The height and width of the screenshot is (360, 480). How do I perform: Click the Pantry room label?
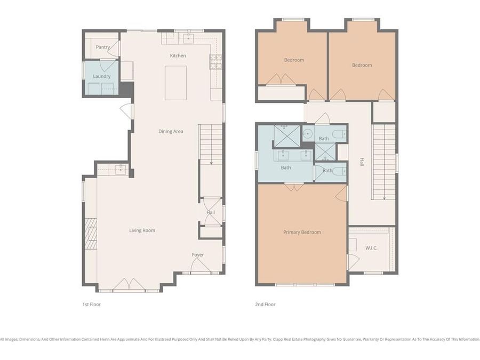point(102,47)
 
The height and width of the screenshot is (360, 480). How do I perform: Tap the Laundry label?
point(101,76)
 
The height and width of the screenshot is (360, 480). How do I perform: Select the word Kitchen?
point(178,55)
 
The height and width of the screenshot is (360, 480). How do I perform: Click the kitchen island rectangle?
point(175,83)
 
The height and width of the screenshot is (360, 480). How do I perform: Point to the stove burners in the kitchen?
point(215,62)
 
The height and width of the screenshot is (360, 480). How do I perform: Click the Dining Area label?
point(171,131)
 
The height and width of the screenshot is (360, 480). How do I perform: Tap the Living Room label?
point(142,230)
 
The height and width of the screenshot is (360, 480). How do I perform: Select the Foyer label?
point(198,255)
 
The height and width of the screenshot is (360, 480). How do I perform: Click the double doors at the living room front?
point(129,285)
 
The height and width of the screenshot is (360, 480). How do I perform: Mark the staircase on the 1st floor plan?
point(211,144)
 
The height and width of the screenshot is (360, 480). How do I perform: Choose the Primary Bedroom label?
point(302,232)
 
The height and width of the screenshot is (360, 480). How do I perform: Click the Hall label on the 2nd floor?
point(362,162)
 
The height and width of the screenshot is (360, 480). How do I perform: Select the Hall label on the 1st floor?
point(211,212)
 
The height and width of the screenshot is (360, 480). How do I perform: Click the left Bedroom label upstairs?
point(294,60)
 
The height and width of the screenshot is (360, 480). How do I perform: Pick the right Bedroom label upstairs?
point(362,65)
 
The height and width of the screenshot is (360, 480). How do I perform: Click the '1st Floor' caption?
point(91,305)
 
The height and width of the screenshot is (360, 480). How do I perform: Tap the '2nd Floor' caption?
point(265,305)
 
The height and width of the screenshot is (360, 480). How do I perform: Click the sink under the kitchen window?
point(188,37)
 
